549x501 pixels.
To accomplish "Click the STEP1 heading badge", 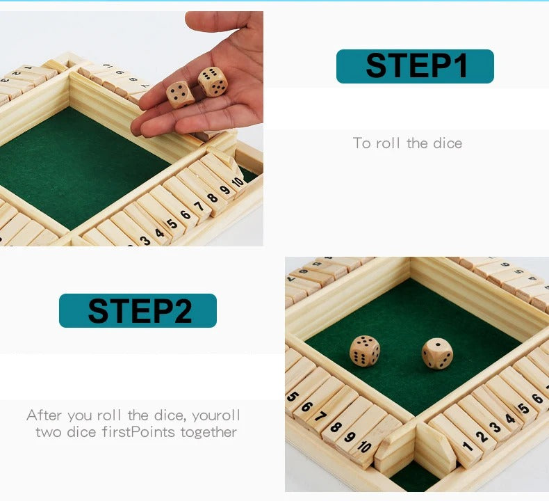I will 415,66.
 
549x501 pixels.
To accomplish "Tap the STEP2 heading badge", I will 138,310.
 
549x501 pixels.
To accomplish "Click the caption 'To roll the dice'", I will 407,143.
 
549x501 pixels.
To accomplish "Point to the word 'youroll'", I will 216,415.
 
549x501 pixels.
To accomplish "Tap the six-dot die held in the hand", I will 213,81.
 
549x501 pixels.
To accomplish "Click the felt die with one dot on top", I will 437,353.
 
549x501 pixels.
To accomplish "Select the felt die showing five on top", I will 365,351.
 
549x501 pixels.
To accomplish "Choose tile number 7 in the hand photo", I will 199,207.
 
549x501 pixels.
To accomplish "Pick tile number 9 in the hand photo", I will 224,189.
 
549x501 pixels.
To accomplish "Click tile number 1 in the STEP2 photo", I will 468,446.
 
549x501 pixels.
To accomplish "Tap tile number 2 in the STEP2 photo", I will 481,436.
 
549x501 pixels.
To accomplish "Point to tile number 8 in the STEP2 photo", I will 337,428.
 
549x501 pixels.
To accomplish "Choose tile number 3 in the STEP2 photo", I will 494,427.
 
